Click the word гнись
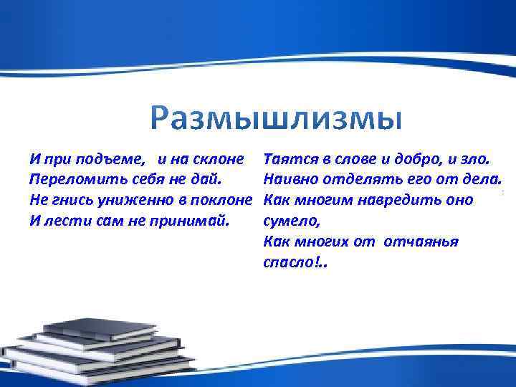pos(67,199)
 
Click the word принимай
pos(196,220)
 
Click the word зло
pos(474,156)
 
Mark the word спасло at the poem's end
pos(287,263)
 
